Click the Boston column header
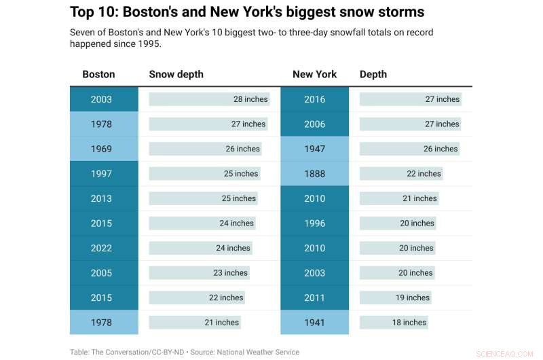(98, 74)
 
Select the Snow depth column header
(176, 74)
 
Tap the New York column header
(314, 74)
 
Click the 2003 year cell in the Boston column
(101, 99)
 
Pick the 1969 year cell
(101, 149)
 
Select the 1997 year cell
(101, 174)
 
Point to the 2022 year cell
(101, 248)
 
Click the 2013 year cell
(101, 198)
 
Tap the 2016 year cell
(314, 99)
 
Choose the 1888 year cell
(314, 174)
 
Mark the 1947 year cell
(314, 149)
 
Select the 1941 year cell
(314, 323)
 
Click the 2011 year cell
(314, 298)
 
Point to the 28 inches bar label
(250, 99)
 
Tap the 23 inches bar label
(230, 273)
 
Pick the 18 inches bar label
(409, 323)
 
